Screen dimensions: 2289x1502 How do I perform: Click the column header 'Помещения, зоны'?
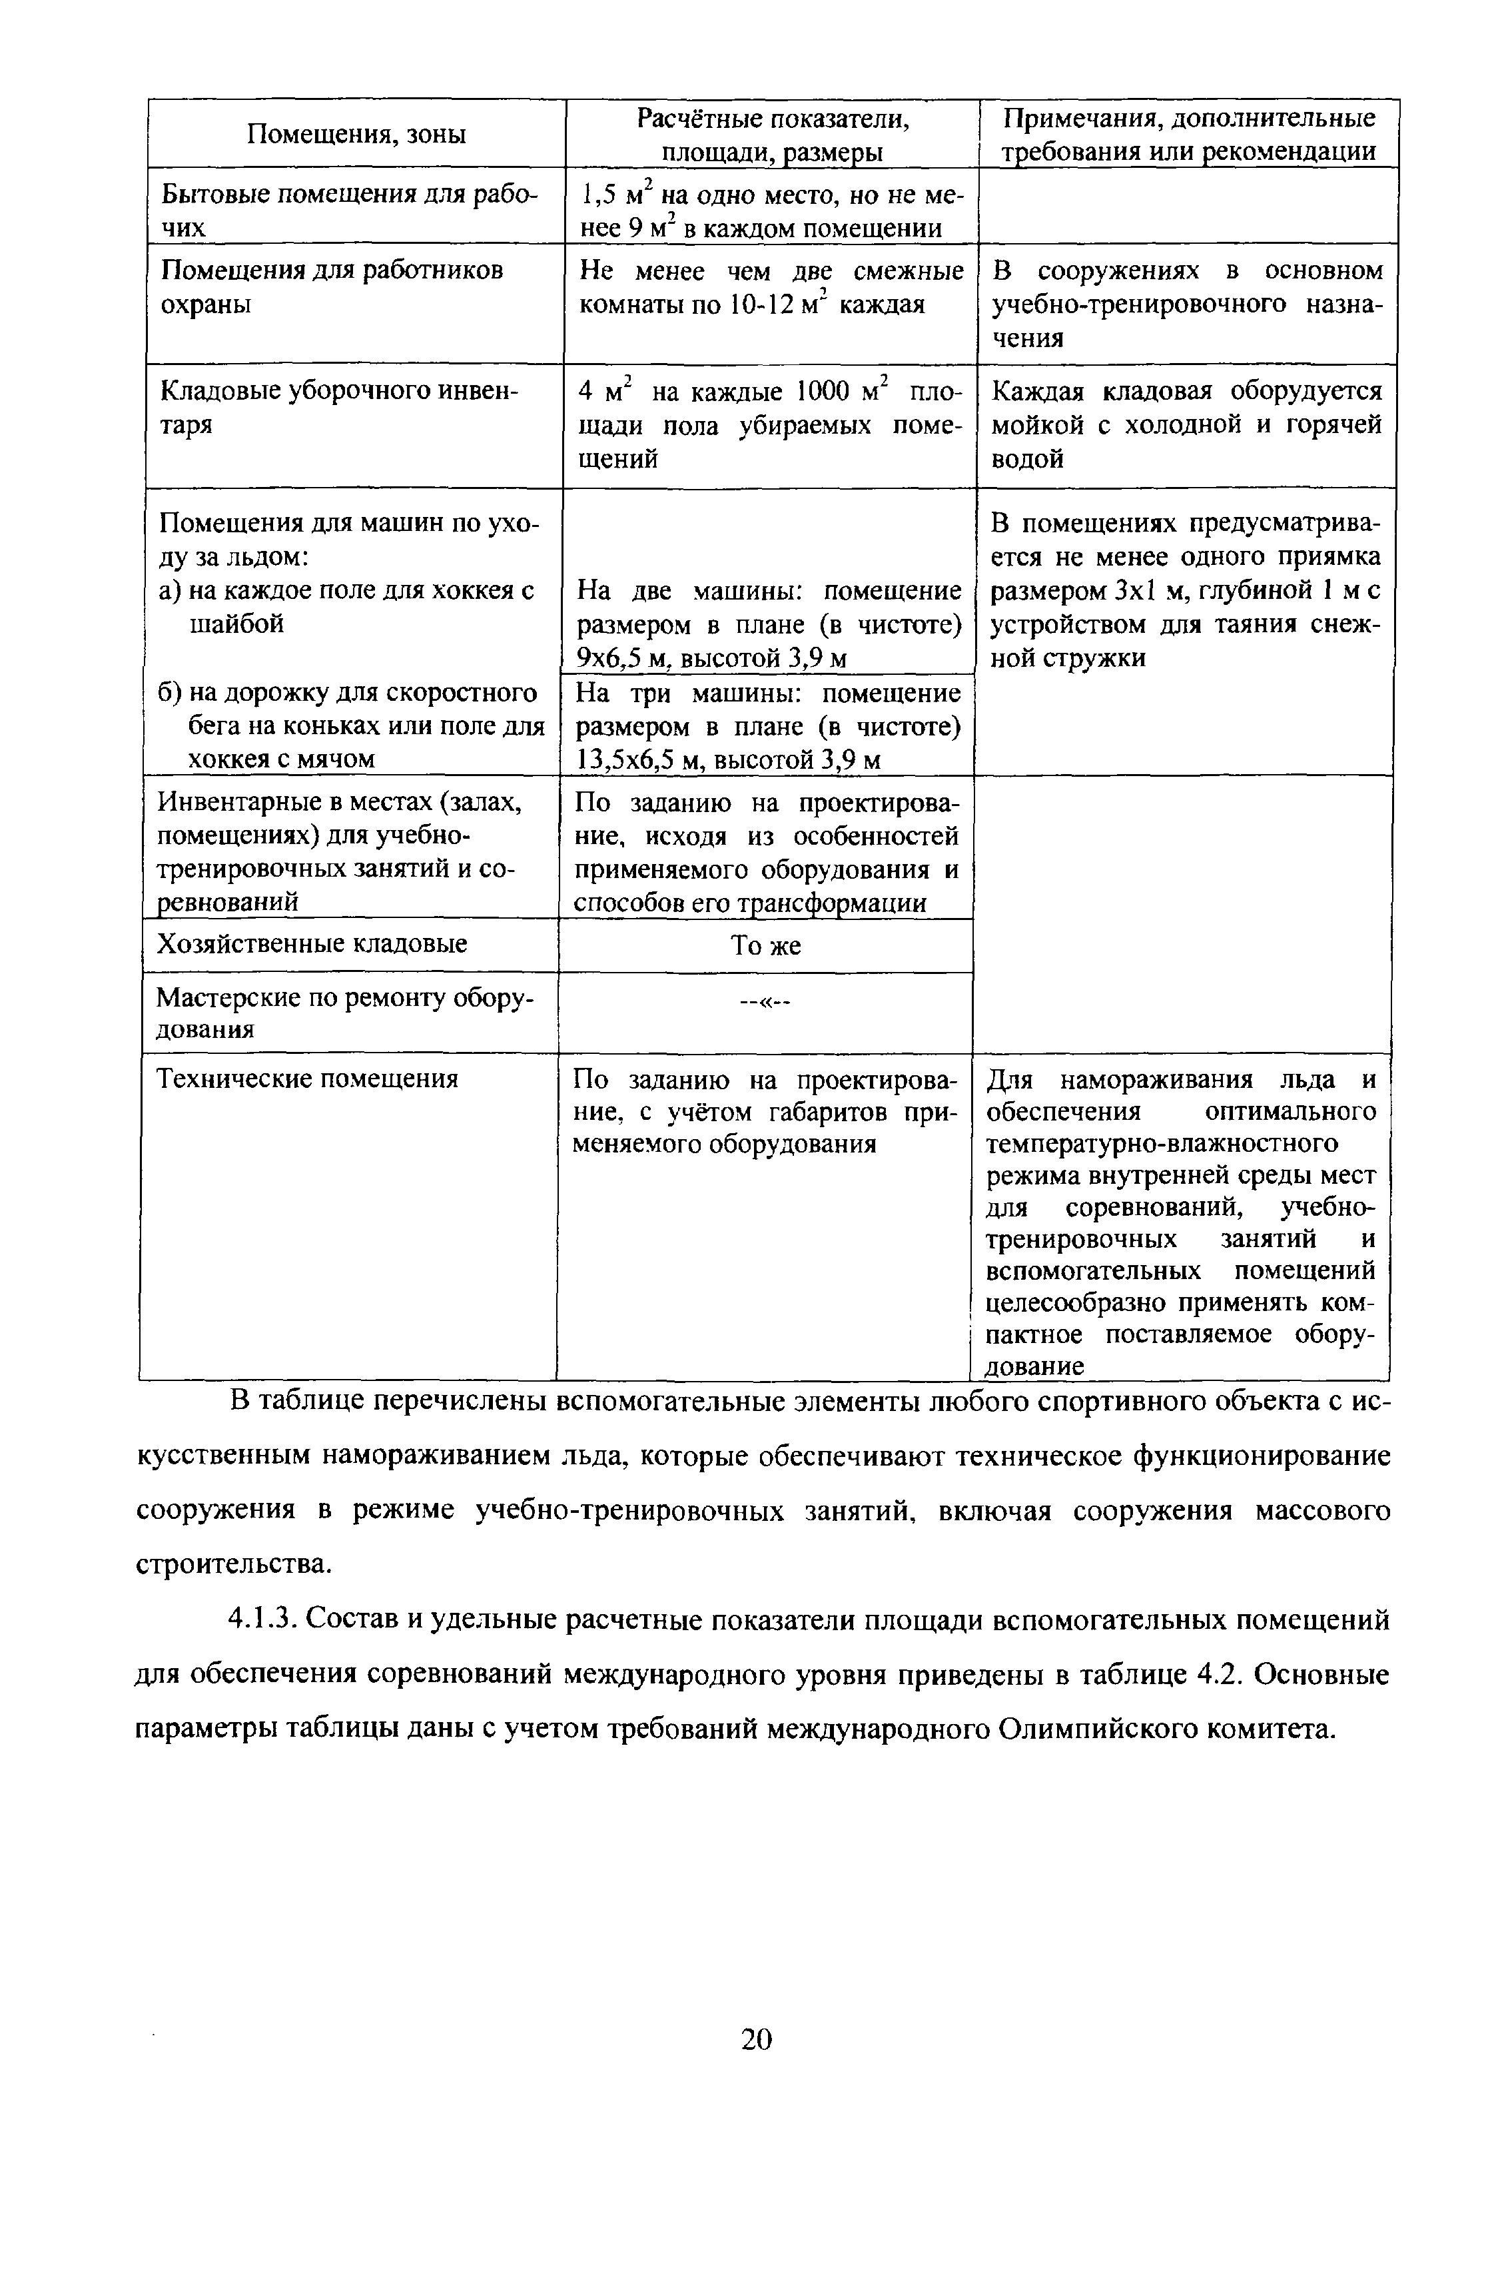pos(356,134)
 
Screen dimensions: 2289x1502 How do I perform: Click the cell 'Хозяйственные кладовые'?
pos(312,943)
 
